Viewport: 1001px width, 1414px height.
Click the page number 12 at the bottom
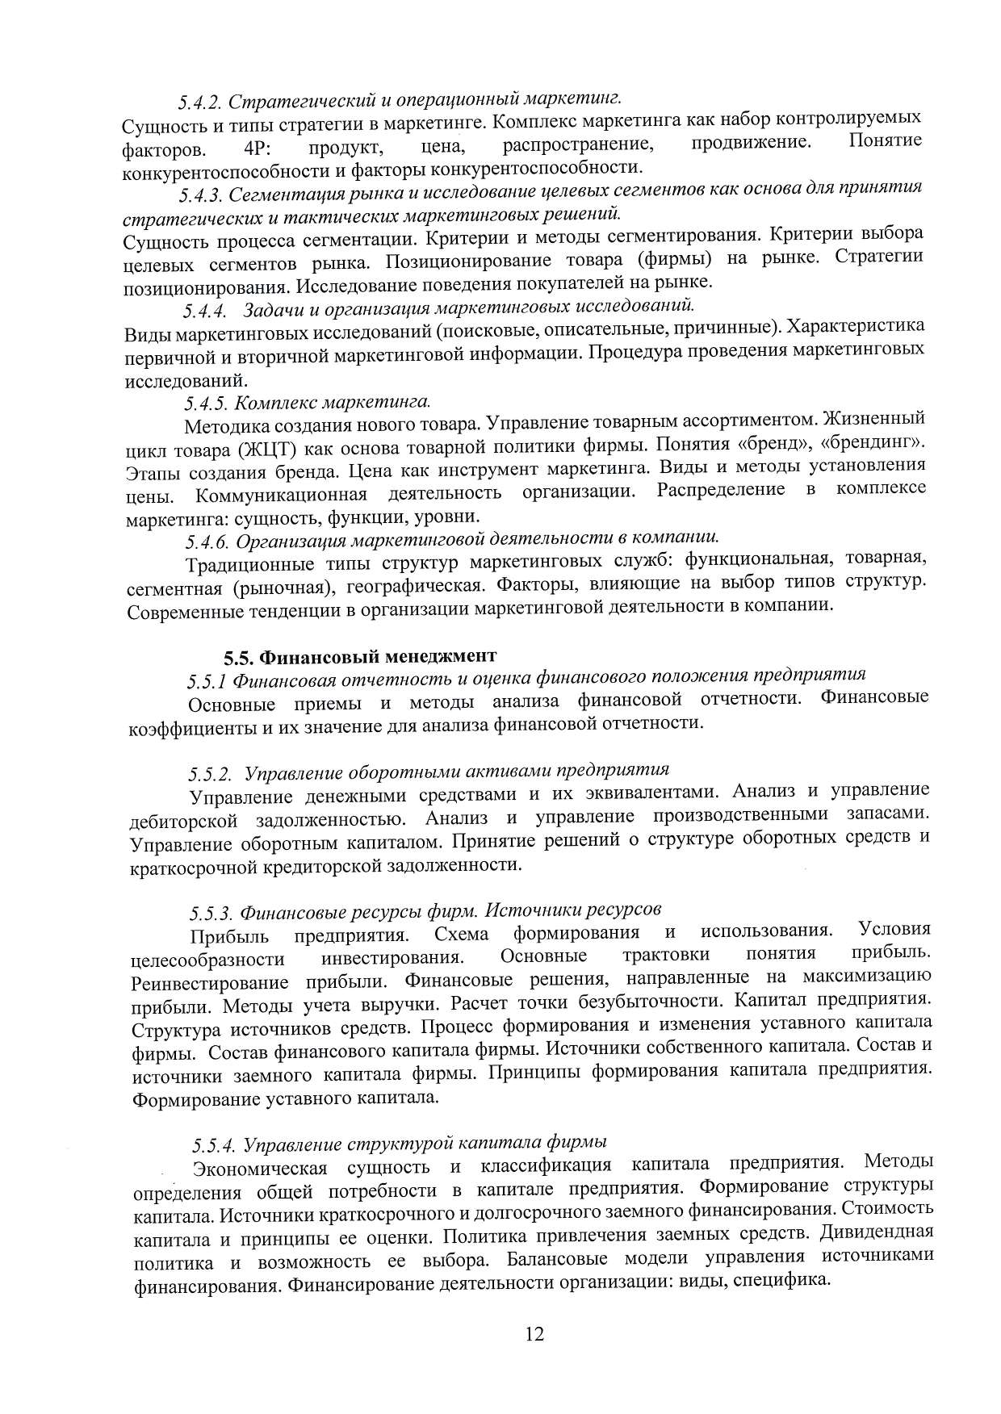click(x=534, y=1334)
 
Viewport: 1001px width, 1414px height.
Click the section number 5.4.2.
click(x=199, y=102)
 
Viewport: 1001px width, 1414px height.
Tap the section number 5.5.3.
click(x=212, y=913)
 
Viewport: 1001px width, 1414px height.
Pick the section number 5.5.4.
click(x=214, y=1145)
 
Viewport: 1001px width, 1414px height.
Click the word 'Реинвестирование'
click(x=210, y=984)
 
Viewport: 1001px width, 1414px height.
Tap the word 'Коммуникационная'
click(x=282, y=493)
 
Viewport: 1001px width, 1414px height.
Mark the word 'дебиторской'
click(x=184, y=821)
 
